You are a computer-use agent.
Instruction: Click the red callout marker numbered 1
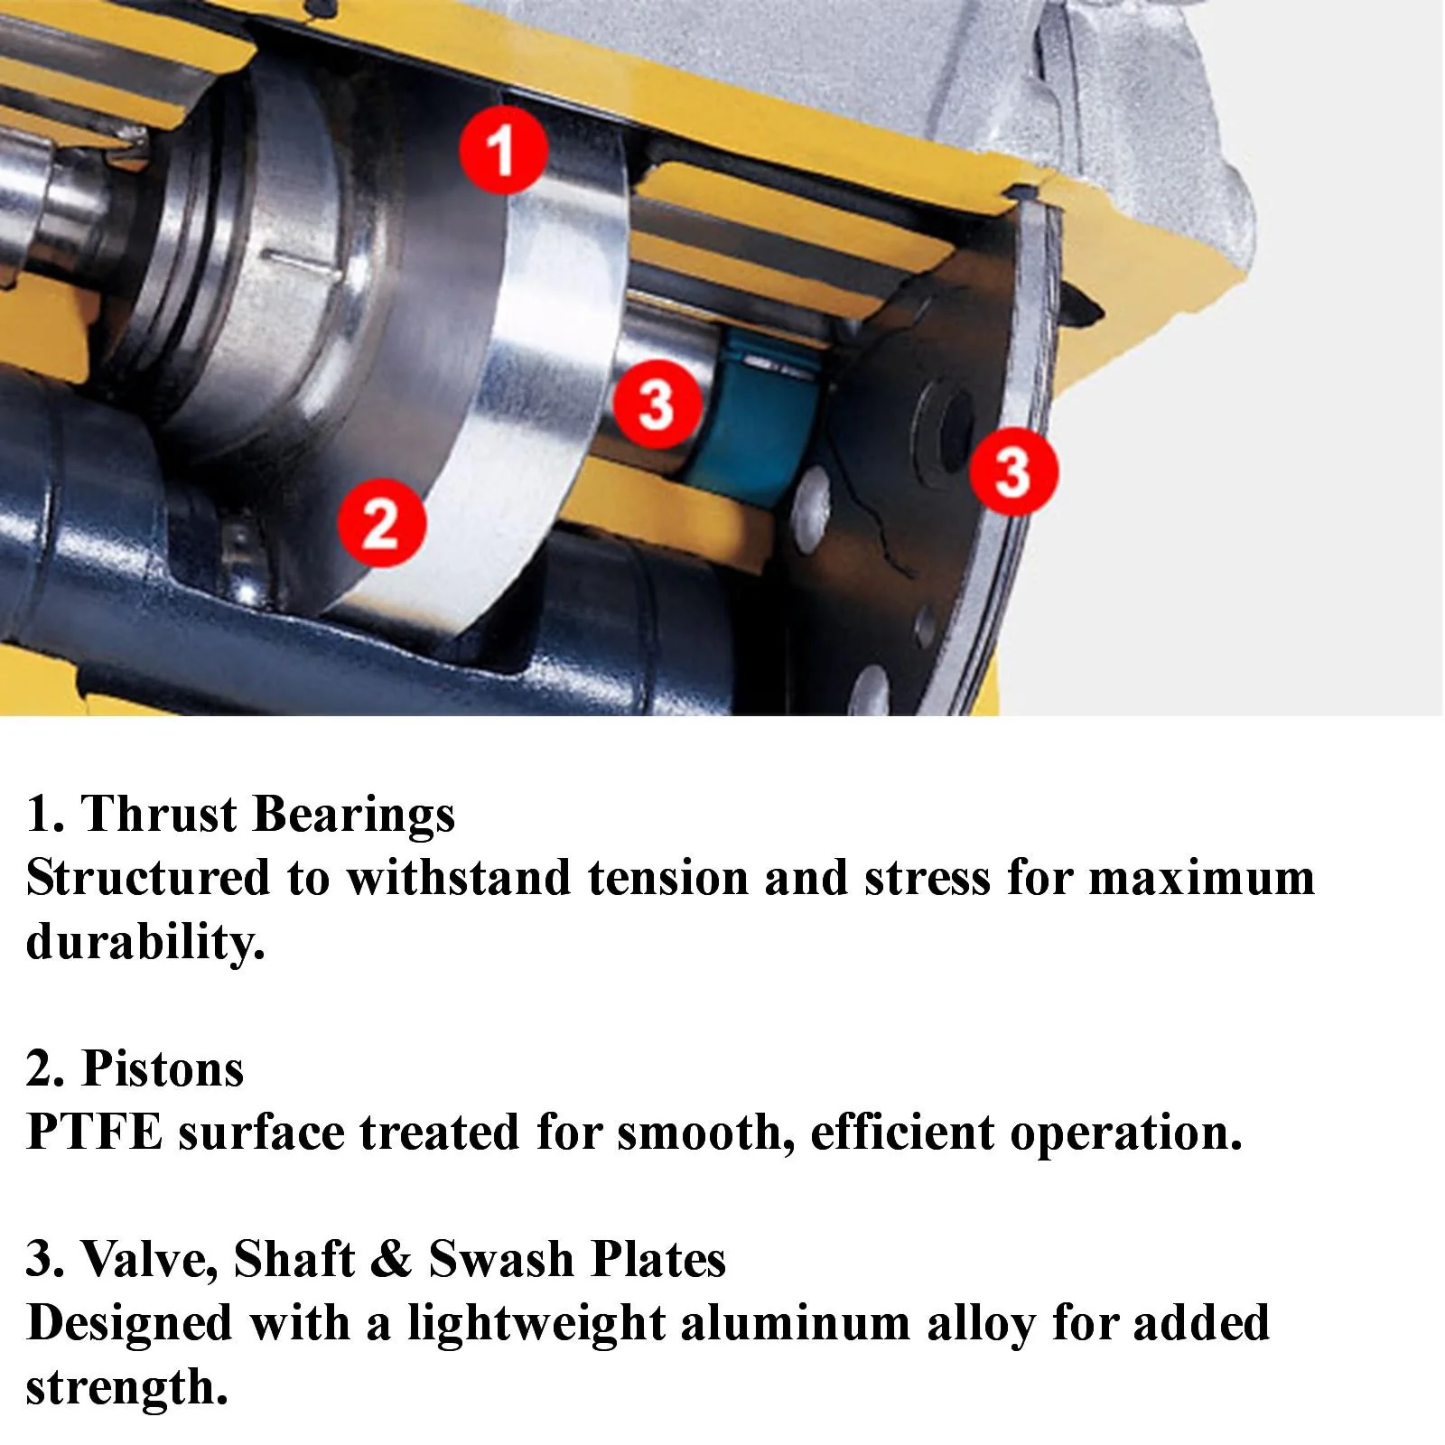tap(503, 149)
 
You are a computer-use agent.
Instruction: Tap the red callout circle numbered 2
tap(381, 523)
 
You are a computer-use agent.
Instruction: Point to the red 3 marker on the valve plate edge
tap(1013, 471)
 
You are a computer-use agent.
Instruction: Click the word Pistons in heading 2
tap(163, 1069)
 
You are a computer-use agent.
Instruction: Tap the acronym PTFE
tap(95, 1133)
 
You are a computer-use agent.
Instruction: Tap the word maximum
tap(1202, 879)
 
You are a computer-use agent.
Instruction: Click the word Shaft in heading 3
tap(294, 1260)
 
